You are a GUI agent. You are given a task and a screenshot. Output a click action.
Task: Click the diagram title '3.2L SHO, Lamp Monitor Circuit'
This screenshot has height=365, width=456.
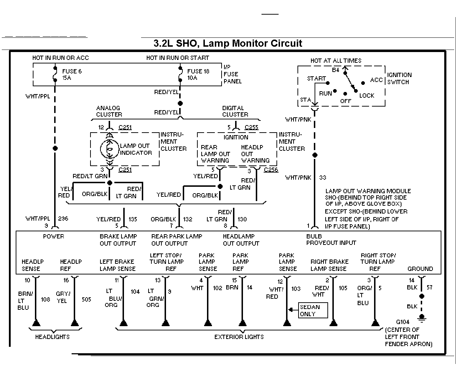pyautogui.click(x=228, y=43)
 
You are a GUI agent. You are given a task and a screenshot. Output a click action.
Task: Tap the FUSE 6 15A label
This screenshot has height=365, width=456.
pyautogui.click(x=72, y=74)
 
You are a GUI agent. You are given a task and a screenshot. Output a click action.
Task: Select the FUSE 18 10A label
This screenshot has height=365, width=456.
pyautogui.click(x=198, y=74)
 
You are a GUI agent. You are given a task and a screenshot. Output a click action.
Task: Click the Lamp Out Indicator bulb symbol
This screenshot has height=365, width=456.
pyautogui.click(x=110, y=149)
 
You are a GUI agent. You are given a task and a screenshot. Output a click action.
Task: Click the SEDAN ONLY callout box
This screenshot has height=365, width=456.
pyautogui.click(x=313, y=310)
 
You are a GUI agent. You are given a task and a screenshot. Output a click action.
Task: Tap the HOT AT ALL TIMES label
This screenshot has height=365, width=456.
pyautogui.click(x=336, y=61)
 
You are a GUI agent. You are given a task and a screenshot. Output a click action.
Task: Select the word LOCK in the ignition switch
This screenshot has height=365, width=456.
pyautogui.click(x=367, y=96)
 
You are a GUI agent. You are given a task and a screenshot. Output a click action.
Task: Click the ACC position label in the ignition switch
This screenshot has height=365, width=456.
pyautogui.click(x=377, y=80)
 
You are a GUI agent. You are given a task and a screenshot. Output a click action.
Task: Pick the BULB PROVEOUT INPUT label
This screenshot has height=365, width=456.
pyautogui.click(x=331, y=240)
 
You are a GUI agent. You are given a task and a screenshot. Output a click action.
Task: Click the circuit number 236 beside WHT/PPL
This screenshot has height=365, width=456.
pyautogui.click(x=63, y=219)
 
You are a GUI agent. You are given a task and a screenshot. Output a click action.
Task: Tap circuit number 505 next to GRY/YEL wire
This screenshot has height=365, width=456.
pyautogui.click(x=87, y=299)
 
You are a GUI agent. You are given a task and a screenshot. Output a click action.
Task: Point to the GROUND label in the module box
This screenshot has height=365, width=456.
pyautogui.click(x=420, y=269)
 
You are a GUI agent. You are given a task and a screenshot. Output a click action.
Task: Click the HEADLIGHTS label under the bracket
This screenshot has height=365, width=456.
pyautogui.click(x=52, y=337)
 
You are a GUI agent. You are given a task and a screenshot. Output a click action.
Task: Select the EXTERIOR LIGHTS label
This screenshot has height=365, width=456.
pyautogui.click(x=239, y=337)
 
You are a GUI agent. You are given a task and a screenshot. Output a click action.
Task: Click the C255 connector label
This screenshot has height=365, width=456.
pyautogui.click(x=252, y=127)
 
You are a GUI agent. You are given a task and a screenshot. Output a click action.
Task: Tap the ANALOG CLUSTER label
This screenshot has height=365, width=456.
pyautogui.click(x=109, y=111)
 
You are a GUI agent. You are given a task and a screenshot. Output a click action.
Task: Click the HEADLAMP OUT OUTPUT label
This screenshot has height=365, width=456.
pyautogui.click(x=241, y=240)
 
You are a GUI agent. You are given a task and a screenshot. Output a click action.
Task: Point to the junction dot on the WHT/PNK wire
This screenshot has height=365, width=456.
pyautogui.click(x=315, y=155)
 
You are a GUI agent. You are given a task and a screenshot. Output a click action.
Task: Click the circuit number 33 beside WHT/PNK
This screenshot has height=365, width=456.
pyautogui.click(x=322, y=178)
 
